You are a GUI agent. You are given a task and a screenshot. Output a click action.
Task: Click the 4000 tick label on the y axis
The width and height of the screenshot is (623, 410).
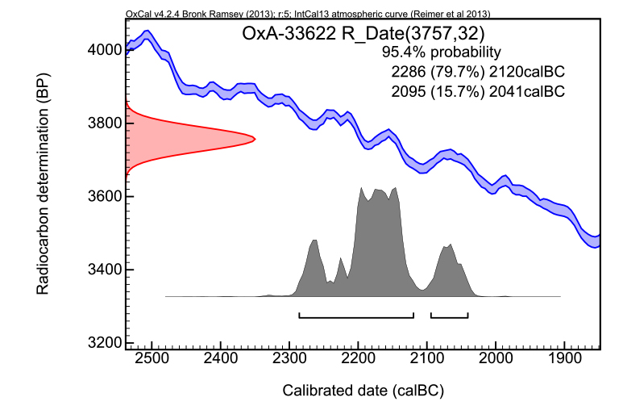tap(104, 50)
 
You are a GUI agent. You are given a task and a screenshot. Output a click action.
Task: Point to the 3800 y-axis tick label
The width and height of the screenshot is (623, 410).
tap(104, 123)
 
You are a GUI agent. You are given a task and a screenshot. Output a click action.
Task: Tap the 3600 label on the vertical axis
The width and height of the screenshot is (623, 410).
tap(104, 196)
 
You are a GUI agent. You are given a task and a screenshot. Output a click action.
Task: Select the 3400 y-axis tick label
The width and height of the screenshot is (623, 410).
tap(104, 270)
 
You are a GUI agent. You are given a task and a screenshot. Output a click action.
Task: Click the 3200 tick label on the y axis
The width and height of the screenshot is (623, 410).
tap(104, 342)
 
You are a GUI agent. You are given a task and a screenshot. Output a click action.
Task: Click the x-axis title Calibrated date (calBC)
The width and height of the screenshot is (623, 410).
tap(363, 391)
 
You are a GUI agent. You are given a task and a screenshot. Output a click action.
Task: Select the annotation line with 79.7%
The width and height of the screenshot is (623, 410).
tap(477, 72)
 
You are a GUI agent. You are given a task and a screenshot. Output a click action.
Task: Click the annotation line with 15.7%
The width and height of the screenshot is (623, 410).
tap(477, 91)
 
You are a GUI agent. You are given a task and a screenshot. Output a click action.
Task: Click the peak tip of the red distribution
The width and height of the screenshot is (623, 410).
tap(254, 139)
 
